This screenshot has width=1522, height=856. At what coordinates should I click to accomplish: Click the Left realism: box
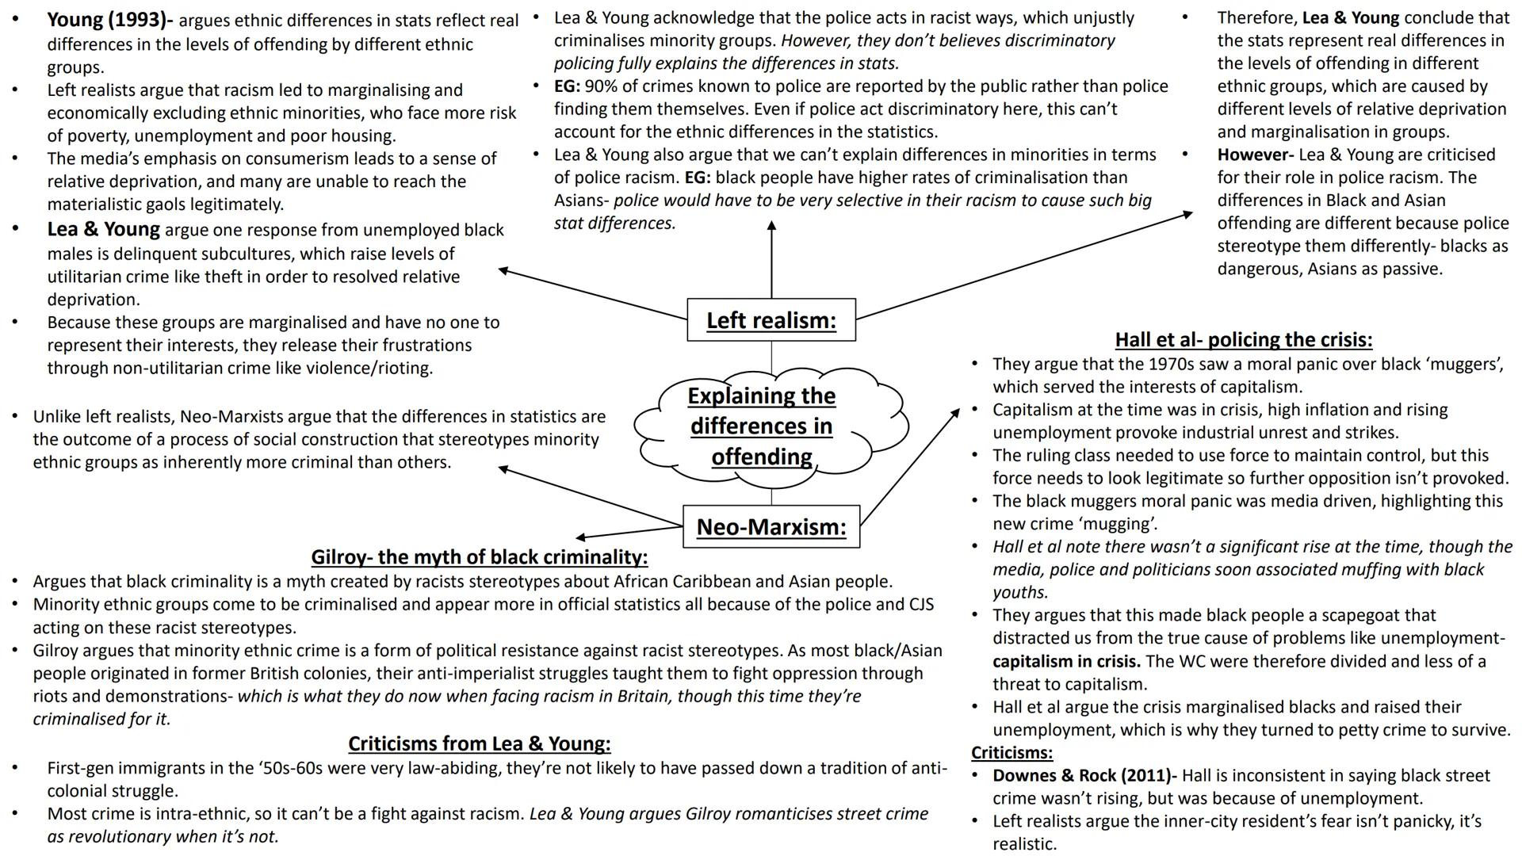coord(771,320)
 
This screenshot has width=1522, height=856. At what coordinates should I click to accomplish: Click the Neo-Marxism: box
coord(771,526)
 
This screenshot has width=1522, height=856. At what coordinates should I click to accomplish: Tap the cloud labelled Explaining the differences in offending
coord(761,426)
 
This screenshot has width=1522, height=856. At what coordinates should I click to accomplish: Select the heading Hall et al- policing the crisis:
coord(1243,340)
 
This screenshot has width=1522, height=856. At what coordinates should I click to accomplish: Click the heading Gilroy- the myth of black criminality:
coord(479,557)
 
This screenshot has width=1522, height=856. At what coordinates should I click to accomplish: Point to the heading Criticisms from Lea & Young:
coord(479,743)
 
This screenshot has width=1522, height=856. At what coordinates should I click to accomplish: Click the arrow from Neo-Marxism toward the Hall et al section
coord(910,467)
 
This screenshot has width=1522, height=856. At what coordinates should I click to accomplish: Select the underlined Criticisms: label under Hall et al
coord(1011,752)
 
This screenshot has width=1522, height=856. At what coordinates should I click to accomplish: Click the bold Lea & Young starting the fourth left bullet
coord(103,230)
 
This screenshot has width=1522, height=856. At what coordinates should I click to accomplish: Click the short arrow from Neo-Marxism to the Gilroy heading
coord(630,532)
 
